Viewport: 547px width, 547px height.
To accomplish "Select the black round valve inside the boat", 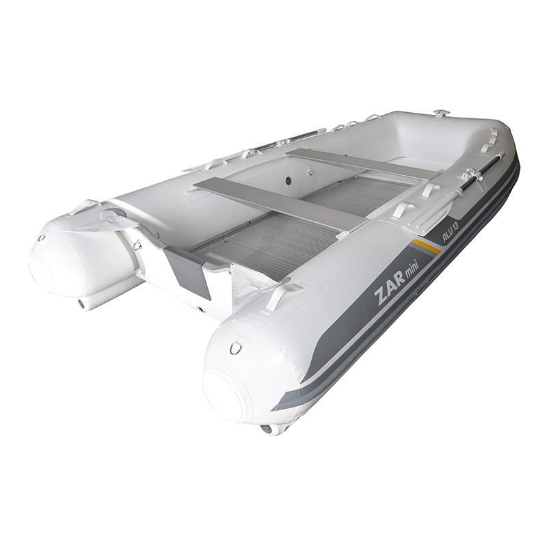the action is pyautogui.click(x=288, y=181).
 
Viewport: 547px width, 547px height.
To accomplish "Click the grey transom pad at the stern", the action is pyautogui.click(x=189, y=270).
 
